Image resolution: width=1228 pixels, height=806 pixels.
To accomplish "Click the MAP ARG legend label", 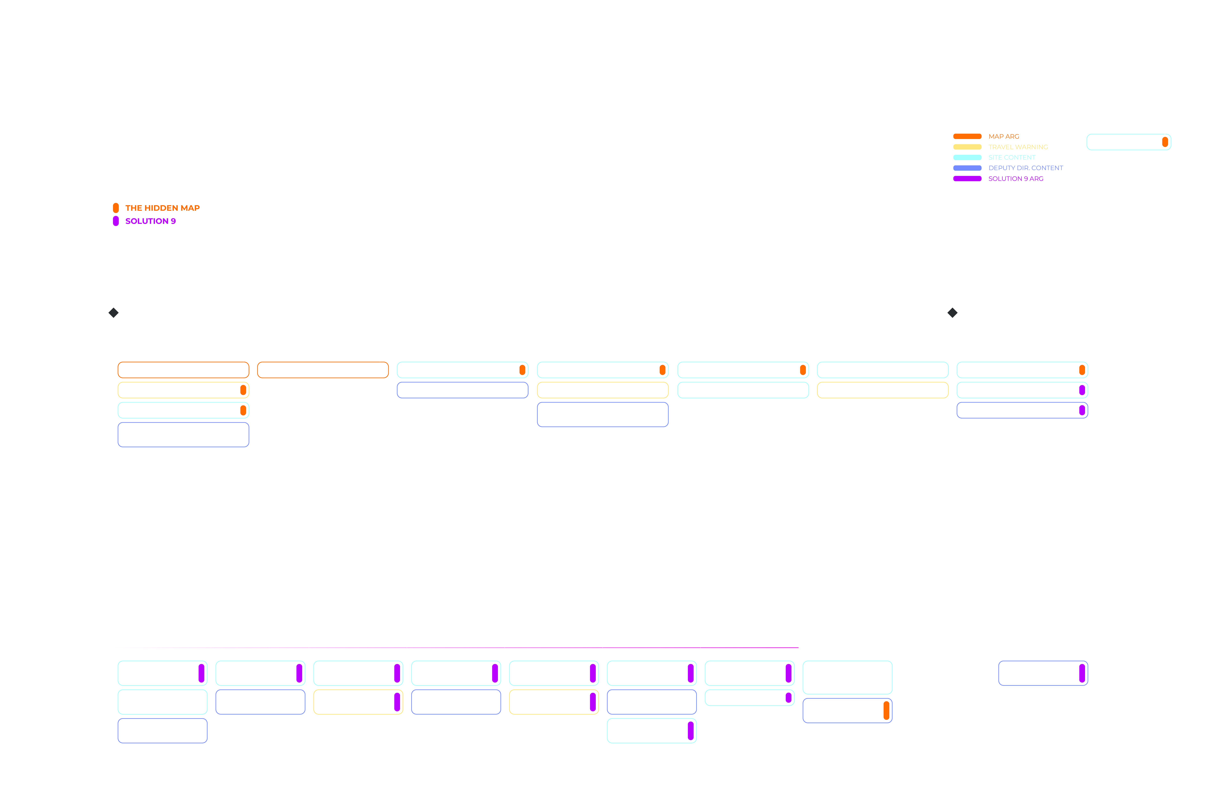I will (1004, 136).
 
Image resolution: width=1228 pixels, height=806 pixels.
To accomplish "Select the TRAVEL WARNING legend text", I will (1017, 147).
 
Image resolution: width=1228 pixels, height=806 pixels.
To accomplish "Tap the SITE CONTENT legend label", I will (1011, 157).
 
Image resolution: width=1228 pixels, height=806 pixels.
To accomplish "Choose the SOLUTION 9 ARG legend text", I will (1015, 179).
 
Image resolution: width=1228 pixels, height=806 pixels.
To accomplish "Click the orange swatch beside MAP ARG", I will (967, 136).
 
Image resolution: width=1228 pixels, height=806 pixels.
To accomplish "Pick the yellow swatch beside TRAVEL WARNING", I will (967, 147).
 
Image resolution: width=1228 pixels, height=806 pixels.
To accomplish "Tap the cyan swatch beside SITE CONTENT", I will (967, 157).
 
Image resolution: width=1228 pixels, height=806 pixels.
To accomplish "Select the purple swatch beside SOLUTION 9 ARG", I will (967, 179).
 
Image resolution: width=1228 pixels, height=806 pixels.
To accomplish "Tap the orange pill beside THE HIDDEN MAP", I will (116, 208).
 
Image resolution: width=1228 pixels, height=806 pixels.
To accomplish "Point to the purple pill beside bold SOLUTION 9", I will (116, 221).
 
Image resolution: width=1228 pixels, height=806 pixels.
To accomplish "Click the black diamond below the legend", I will (952, 313).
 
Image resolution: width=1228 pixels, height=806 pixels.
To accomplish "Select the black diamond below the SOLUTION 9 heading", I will (114, 313).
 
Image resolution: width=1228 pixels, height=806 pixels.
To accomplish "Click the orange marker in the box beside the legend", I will (1165, 142).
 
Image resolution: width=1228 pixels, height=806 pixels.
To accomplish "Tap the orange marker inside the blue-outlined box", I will (886, 711).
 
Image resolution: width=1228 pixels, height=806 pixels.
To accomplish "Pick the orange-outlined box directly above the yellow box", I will (183, 370).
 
